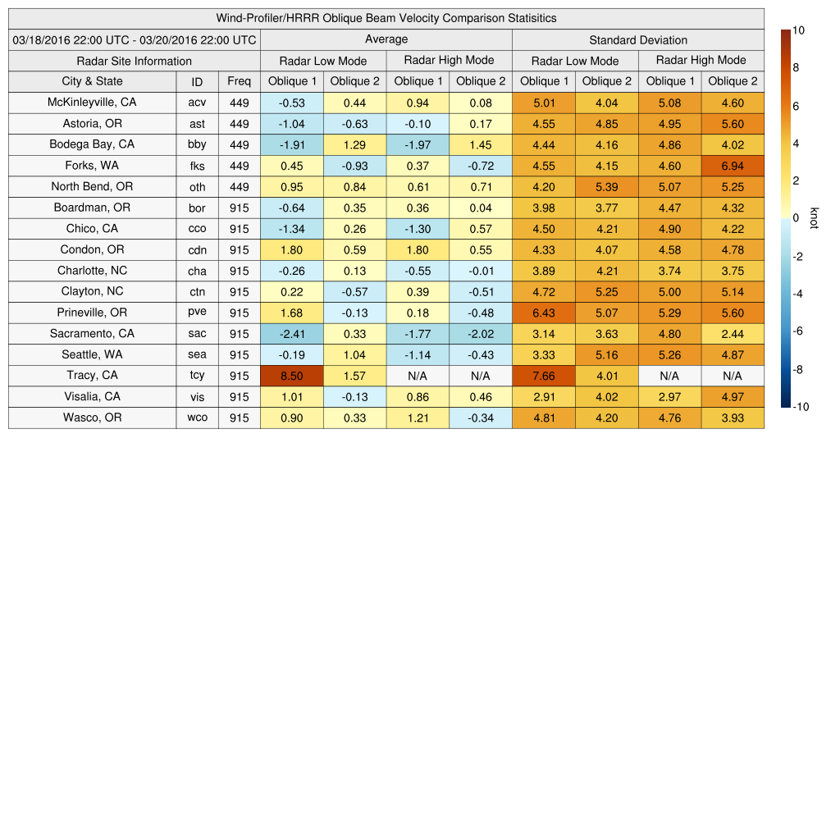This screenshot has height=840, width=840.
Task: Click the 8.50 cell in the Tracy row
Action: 291,376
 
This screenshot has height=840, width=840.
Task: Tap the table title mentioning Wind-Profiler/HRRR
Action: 386,18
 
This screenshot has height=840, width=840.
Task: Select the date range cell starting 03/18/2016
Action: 134,39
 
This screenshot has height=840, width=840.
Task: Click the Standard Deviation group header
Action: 637,39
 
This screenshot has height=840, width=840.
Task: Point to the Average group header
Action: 386,39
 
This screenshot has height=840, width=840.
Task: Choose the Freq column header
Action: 239,81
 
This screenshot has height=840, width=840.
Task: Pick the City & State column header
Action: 92,81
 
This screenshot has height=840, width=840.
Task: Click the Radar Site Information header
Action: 134,61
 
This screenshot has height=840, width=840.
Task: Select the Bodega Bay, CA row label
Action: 92,144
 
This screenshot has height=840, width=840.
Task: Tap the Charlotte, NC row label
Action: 92,271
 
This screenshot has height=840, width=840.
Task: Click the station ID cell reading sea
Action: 197,354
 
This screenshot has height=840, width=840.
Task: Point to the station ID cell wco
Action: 197,418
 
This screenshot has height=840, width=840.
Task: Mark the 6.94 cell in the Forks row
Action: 733,166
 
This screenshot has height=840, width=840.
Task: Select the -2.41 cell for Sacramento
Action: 291,334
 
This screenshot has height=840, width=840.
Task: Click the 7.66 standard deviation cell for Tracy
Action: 543,376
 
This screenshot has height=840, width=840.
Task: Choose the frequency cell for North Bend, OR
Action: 239,186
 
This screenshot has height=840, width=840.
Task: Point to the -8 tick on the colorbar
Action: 798,369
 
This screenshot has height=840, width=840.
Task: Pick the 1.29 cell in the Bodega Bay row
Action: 354,144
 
